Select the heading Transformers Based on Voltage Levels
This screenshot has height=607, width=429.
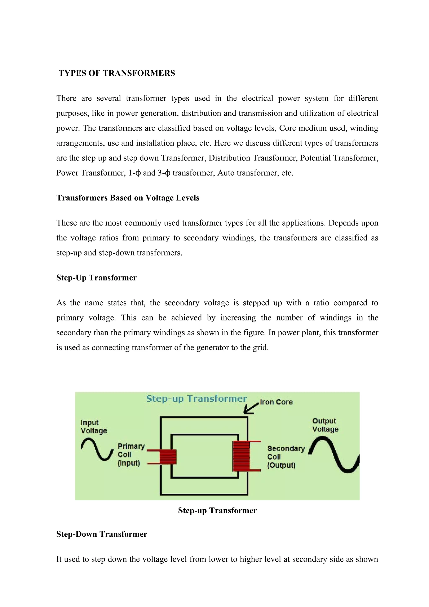coord(128,198)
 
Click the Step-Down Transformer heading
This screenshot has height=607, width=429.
coord(102,534)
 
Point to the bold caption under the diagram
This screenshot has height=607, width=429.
coord(217,510)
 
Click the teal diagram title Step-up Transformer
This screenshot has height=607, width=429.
coord(196,398)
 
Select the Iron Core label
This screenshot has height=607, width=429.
coord(276,402)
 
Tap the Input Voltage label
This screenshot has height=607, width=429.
coord(94,426)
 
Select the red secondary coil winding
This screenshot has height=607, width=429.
coord(241,456)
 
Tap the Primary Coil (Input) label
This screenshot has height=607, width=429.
coord(131,455)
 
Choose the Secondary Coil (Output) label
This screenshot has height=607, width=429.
coord(286,457)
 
